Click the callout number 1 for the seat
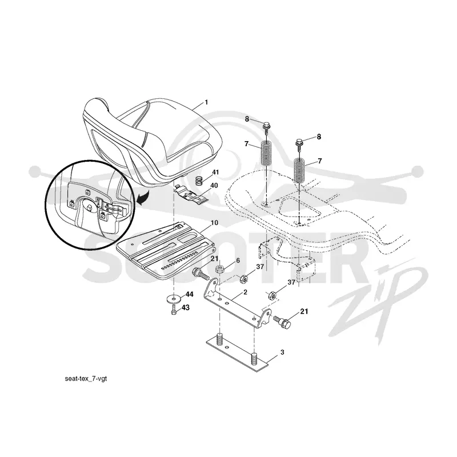(x=206, y=102)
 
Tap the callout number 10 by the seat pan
(x=214, y=223)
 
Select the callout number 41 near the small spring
(x=215, y=173)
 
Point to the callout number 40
(x=214, y=185)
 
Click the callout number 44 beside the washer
(x=190, y=294)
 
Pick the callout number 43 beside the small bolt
(x=185, y=307)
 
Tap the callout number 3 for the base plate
(x=282, y=352)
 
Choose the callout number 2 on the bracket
(x=245, y=292)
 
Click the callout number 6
(x=238, y=260)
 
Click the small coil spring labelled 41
(x=199, y=182)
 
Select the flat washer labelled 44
(x=174, y=299)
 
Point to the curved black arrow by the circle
(x=143, y=198)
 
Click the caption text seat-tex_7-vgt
(x=86, y=379)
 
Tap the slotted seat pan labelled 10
(x=166, y=250)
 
